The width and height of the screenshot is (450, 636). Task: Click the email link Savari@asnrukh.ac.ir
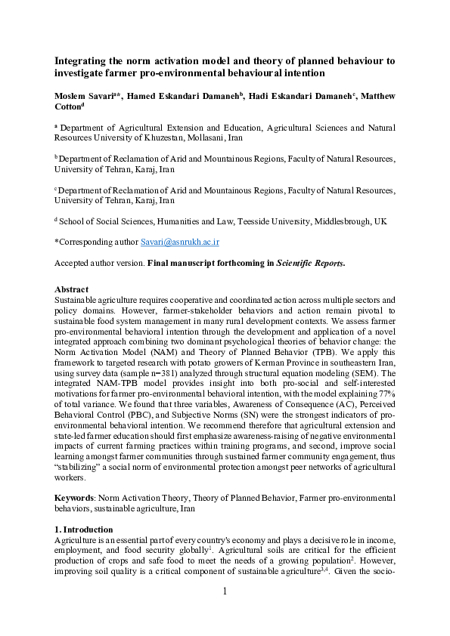click(x=180, y=242)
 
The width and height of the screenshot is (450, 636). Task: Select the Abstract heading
click(x=72, y=289)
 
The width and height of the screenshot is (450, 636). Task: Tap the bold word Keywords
click(x=75, y=499)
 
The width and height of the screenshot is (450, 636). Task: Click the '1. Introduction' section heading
click(x=84, y=529)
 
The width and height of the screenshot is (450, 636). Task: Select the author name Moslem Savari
click(x=85, y=96)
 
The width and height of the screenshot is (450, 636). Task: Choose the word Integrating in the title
click(x=82, y=61)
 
